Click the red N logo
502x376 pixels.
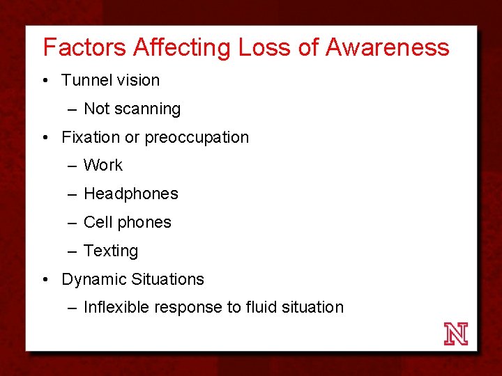[456, 334]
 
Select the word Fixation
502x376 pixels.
[91, 138]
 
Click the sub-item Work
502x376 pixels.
[102, 166]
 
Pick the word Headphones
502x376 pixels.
[130, 194]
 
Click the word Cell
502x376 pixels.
[97, 223]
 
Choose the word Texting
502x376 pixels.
[111, 251]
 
